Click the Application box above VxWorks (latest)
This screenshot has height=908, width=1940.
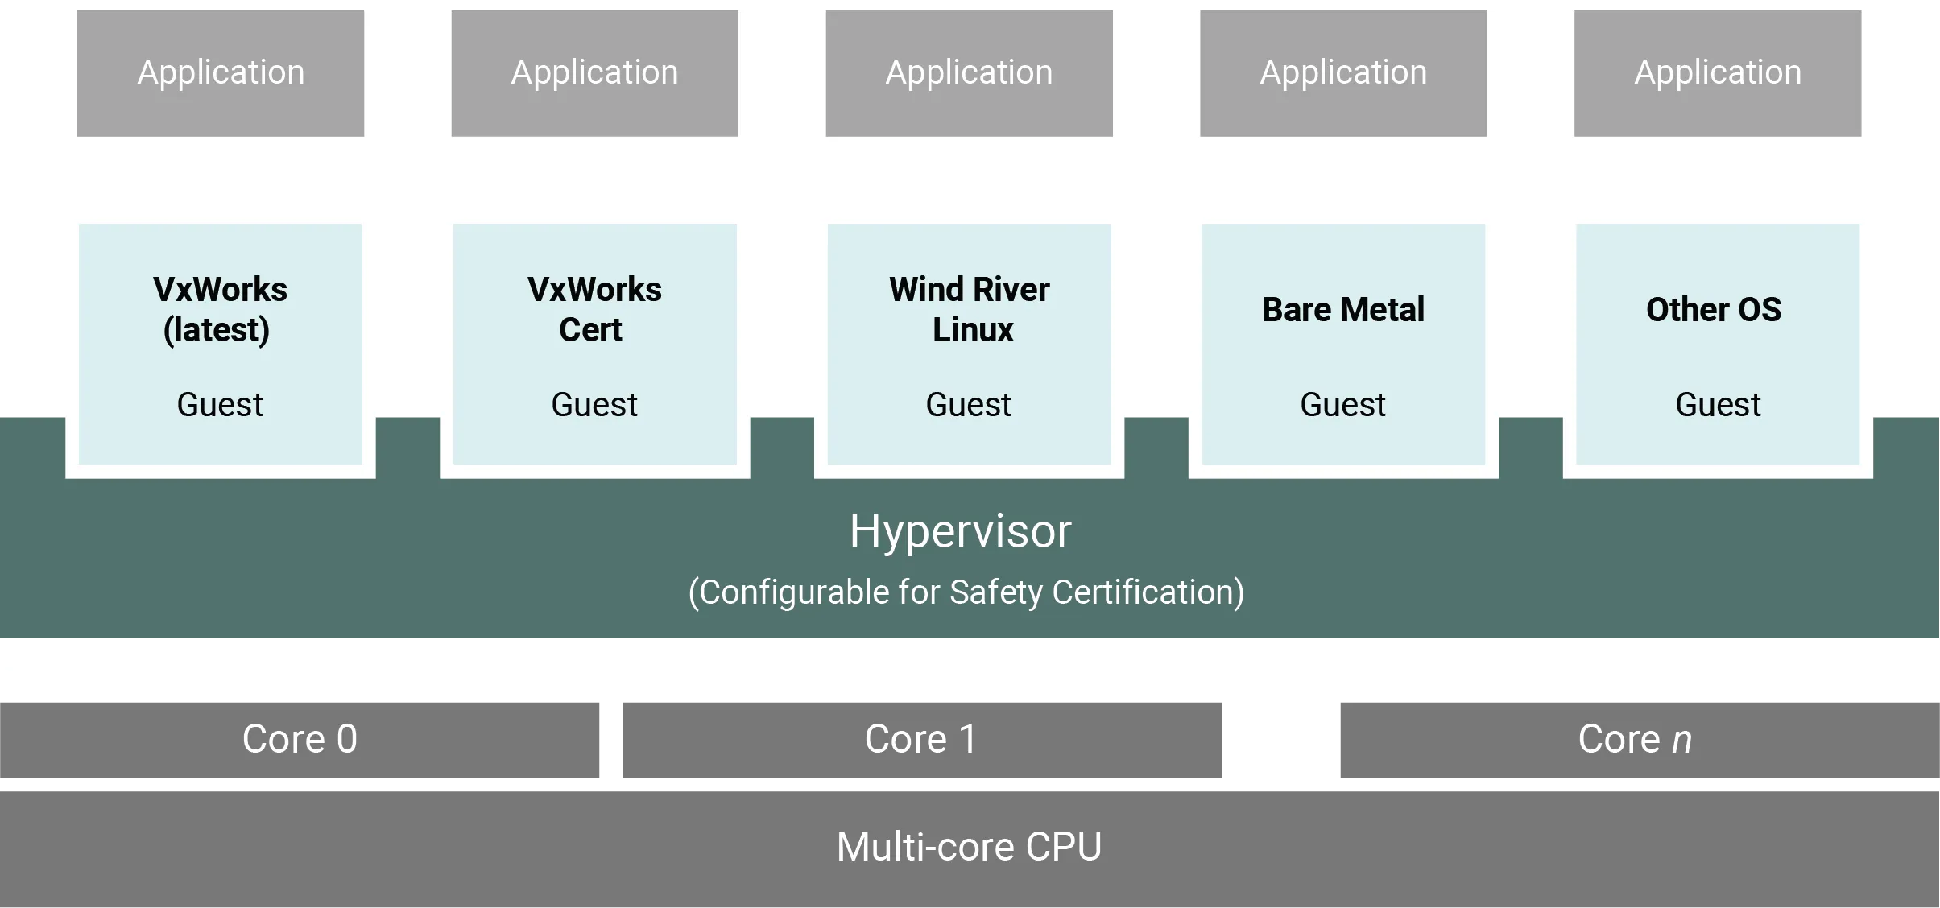(x=221, y=73)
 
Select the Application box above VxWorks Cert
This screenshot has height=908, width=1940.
(x=594, y=73)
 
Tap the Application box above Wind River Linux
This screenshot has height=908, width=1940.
(x=969, y=73)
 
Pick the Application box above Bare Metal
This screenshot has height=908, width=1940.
(x=1343, y=73)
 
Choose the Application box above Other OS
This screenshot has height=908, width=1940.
(x=1718, y=73)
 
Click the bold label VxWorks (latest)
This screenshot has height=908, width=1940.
(x=220, y=309)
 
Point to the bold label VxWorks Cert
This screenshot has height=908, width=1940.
(x=594, y=309)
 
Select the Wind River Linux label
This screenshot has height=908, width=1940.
(x=969, y=309)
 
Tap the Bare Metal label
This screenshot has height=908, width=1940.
(x=1343, y=310)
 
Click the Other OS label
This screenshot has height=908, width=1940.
(x=1714, y=310)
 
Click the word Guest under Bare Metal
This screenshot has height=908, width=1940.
(x=1342, y=404)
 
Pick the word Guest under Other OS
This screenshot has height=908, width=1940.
(x=1718, y=404)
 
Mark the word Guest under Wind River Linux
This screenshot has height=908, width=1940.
(x=968, y=404)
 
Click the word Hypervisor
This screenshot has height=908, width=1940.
(x=960, y=531)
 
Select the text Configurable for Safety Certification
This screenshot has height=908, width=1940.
(x=966, y=592)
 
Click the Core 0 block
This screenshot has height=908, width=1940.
(x=302, y=740)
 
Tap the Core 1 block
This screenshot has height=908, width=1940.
(x=920, y=740)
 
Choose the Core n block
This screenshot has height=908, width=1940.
(x=1639, y=740)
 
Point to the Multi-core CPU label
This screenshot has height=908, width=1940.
(x=969, y=847)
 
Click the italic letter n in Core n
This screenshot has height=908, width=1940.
(x=1681, y=741)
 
